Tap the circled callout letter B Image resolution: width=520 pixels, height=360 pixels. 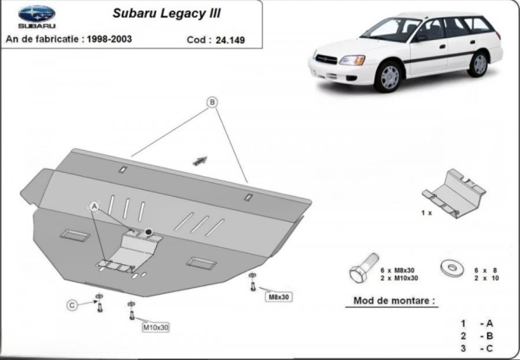point(212,102)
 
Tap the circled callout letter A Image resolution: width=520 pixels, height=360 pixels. point(94,206)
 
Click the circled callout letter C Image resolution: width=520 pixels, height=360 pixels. point(72,305)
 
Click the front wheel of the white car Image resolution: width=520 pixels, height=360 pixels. point(389,77)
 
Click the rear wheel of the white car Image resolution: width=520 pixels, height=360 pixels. point(479,63)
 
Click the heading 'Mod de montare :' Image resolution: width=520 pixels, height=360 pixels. point(390,301)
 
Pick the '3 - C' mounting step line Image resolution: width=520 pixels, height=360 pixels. point(476,347)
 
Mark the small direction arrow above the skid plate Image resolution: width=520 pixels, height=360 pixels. point(199,159)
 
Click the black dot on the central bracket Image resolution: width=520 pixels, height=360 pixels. point(149,232)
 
